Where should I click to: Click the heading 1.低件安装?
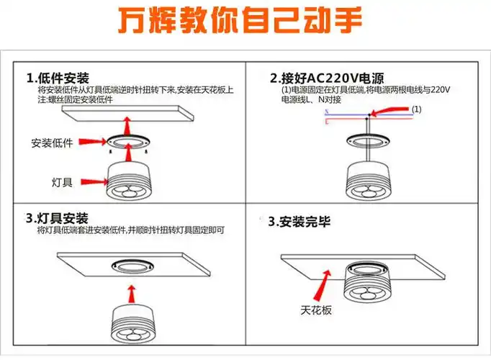(58, 77)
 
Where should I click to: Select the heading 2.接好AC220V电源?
(327, 78)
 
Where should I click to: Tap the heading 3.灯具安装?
(58, 218)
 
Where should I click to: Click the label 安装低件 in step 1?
(53, 143)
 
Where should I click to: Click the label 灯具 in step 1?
(62, 181)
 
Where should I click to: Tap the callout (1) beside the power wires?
(436, 109)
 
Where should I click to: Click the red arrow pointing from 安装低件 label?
(93, 142)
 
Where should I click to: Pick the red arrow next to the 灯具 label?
(93, 181)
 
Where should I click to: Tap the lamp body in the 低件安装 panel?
(131, 183)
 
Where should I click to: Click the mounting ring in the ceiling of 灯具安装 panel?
(130, 264)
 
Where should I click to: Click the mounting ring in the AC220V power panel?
(368, 140)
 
